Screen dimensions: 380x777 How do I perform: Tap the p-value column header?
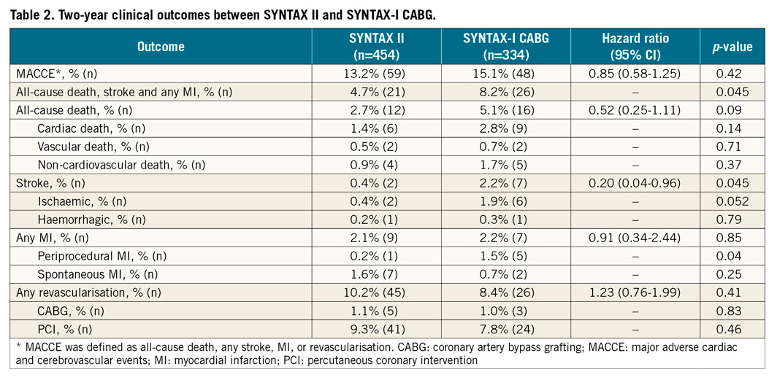click(732, 47)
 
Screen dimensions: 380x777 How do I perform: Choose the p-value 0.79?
click(732, 219)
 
